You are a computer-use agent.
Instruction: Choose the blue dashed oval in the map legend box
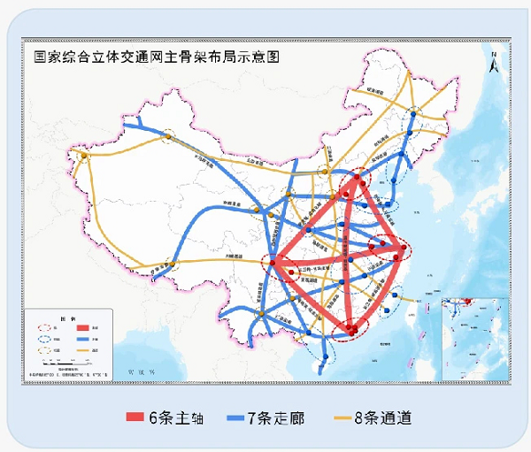point(43,338)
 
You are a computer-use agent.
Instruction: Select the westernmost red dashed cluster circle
point(278,263)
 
